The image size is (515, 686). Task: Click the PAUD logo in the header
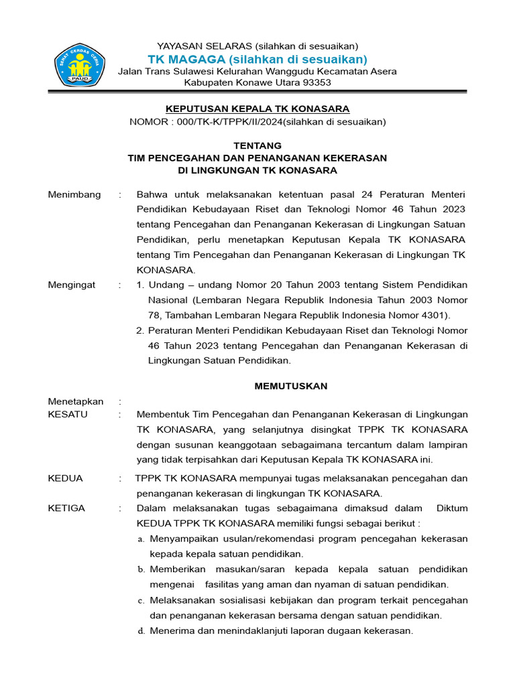(80, 65)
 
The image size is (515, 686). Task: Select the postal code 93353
(316, 82)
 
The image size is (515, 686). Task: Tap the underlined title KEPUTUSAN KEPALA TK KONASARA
(257, 109)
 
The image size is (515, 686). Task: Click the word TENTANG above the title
(257, 145)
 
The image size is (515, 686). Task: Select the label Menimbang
(74, 194)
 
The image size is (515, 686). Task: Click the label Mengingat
(72, 285)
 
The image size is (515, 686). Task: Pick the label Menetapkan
(76, 401)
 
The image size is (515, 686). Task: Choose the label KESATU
(68, 414)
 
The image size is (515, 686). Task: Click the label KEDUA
(66, 478)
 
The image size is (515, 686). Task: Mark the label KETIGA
(66, 508)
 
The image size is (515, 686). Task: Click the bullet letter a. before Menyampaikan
(140, 539)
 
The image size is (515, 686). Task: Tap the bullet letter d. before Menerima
(140, 631)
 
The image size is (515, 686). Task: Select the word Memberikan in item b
(176, 569)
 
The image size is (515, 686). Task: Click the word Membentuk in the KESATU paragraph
(160, 414)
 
